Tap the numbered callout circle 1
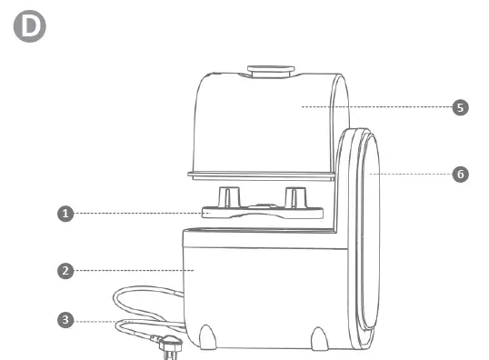coord(65,214)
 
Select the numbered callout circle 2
coord(65,270)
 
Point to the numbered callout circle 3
coord(65,320)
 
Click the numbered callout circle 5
coord(461,107)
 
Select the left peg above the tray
coord(228,197)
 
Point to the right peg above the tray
coord(293,197)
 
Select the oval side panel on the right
coord(365,241)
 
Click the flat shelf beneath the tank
coord(259,175)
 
